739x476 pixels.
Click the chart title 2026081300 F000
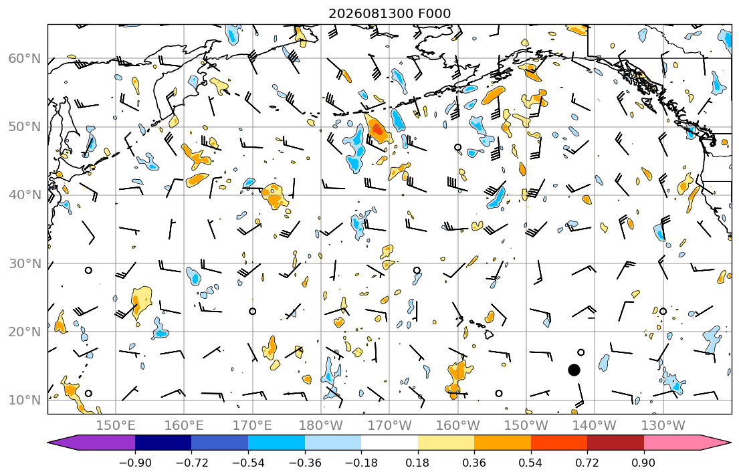click(389, 13)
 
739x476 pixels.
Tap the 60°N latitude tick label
click(25, 59)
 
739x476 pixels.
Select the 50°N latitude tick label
click(25, 127)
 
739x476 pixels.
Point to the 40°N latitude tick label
click(25, 195)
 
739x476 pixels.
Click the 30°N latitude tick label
click(25, 263)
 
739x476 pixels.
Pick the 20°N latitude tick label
click(25, 332)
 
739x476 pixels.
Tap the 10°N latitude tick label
click(25, 400)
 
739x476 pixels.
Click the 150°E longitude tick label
click(116, 426)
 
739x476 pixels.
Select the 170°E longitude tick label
click(253, 426)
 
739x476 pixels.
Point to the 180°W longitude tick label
click(321, 426)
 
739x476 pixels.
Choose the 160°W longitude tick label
click(458, 426)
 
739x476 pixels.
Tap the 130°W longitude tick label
click(663, 426)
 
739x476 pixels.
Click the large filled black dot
click(574, 370)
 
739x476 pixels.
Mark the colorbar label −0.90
click(135, 463)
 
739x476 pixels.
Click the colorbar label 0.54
click(531, 463)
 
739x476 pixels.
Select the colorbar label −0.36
click(304, 463)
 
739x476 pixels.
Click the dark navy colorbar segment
click(163, 443)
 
